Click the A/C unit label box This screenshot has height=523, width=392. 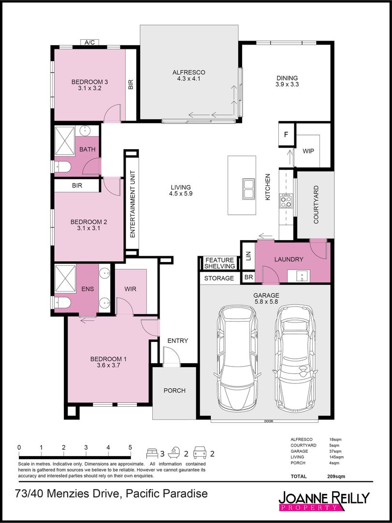pyautogui.click(x=89, y=43)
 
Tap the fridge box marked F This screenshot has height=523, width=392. pyautogui.click(x=286, y=134)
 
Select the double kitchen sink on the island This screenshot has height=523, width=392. pyautogui.click(x=249, y=189)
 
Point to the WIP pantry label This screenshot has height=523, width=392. pyautogui.click(x=308, y=151)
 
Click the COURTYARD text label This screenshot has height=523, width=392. pyautogui.click(x=316, y=204)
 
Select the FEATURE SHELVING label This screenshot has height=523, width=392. pyautogui.click(x=219, y=263)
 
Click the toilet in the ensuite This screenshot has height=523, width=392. pyautogui.click(x=63, y=303)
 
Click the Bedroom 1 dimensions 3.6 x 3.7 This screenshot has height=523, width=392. pyautogui.click(x=108, y=366)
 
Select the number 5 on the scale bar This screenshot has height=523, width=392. pyautogui.click(x=130, y=447)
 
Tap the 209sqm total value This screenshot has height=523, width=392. pyautogui.click(x=336, y=477)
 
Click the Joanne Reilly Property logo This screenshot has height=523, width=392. pyautogui.click(x=324, y=501)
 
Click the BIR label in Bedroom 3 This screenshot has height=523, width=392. pyautogui.click(x=131, y=85)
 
